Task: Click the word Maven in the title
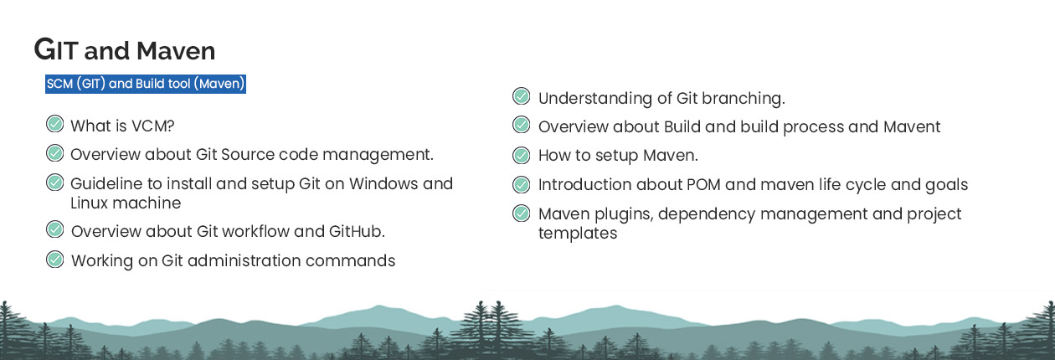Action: [x=176, y=51]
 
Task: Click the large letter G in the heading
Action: [x=45, y=49]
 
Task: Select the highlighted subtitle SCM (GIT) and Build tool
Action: [x=146, y=84]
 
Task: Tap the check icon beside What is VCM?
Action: [x=55, y=125]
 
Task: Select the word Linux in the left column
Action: [x=90, y=203]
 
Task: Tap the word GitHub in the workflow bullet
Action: [x=357, y=231]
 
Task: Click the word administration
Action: [x=244, y=260]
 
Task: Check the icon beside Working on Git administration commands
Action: [x=55, y=260]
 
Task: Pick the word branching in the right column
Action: [x=744, y=99]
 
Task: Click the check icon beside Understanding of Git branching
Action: [x=522, y=96]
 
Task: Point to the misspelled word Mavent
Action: [x=912, y=126]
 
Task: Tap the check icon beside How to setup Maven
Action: [x=522, y=156]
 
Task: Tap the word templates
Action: [x=578, y=234]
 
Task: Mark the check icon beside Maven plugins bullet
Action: [x=522, y=213]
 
